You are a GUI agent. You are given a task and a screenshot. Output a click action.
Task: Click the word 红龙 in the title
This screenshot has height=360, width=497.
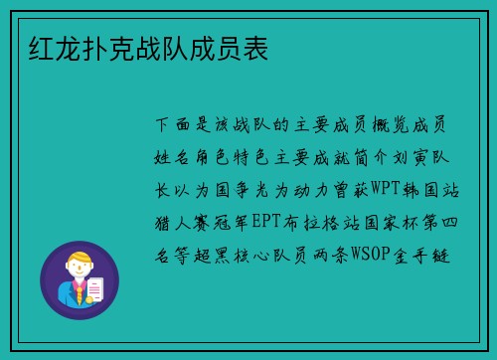(46, 49)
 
